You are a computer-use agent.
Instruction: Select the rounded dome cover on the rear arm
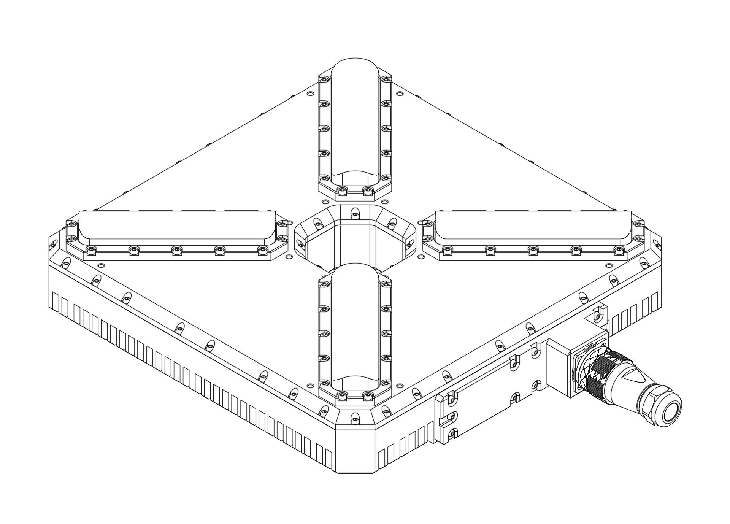tap(355, 118)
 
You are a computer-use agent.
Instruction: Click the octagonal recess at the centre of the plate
tap(355, 243)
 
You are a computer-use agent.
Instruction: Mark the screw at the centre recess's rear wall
tap(355, 215)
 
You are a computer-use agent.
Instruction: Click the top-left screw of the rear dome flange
tap(324, 79)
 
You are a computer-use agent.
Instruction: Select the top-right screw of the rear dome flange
tap(386, 79)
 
